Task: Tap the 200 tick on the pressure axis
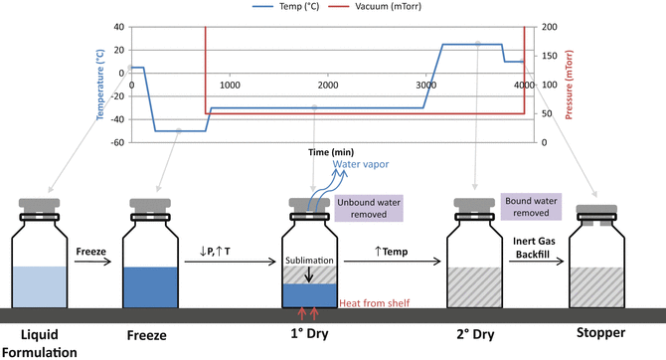point(545,27)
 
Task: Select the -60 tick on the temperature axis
point(118,142)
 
